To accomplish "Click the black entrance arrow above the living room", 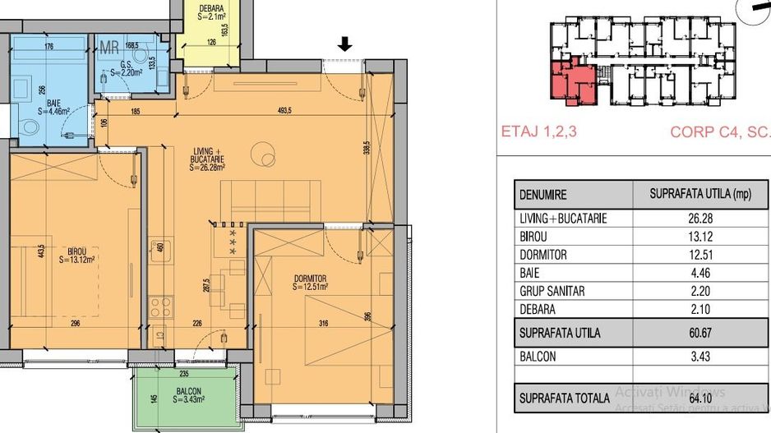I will [x=345, y=45].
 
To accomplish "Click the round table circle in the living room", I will [x=265, y=154].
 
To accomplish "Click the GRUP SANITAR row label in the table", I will [x=553, y=291].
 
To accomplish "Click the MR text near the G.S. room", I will [x=109, y=48].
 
